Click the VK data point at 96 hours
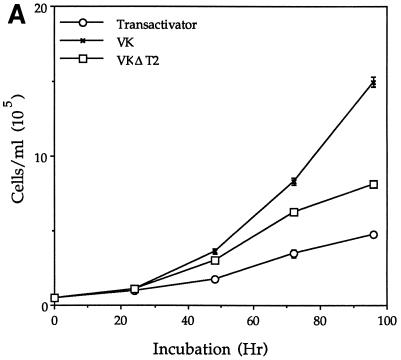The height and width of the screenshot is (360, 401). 373,82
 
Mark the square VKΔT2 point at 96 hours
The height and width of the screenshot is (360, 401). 373,185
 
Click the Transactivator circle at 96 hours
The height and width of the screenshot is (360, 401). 373,235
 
